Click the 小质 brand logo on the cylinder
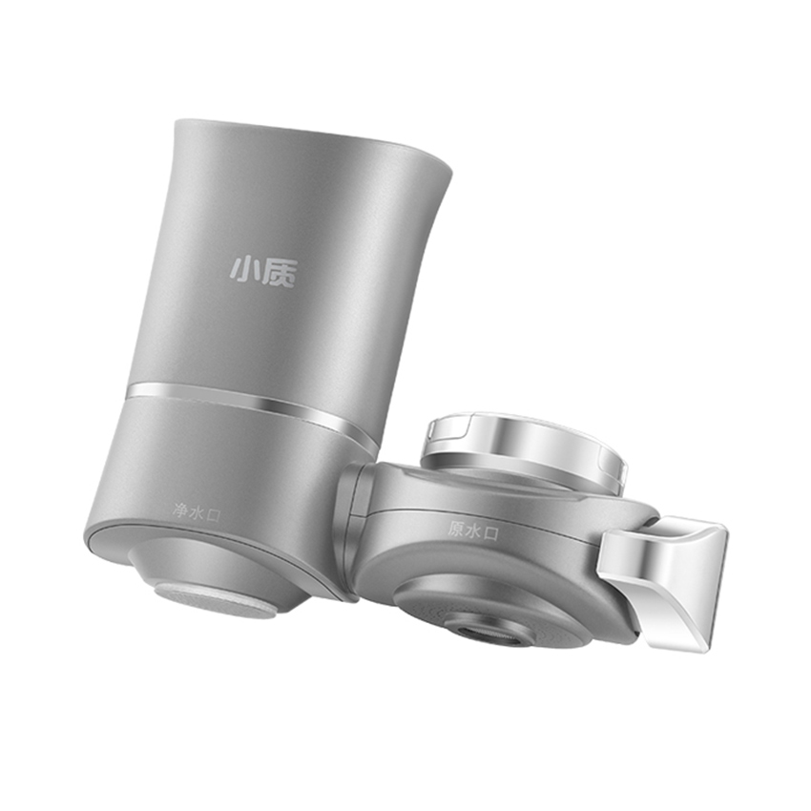click(x=262, y=270)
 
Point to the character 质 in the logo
click(x=281, y=271)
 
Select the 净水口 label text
click(x=197, y=512)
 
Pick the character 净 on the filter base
click(x=180, y=511)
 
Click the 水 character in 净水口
click(x=197, y=512)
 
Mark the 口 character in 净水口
click(x=213, y=514)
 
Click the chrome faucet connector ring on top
click(x=525, y=448)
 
